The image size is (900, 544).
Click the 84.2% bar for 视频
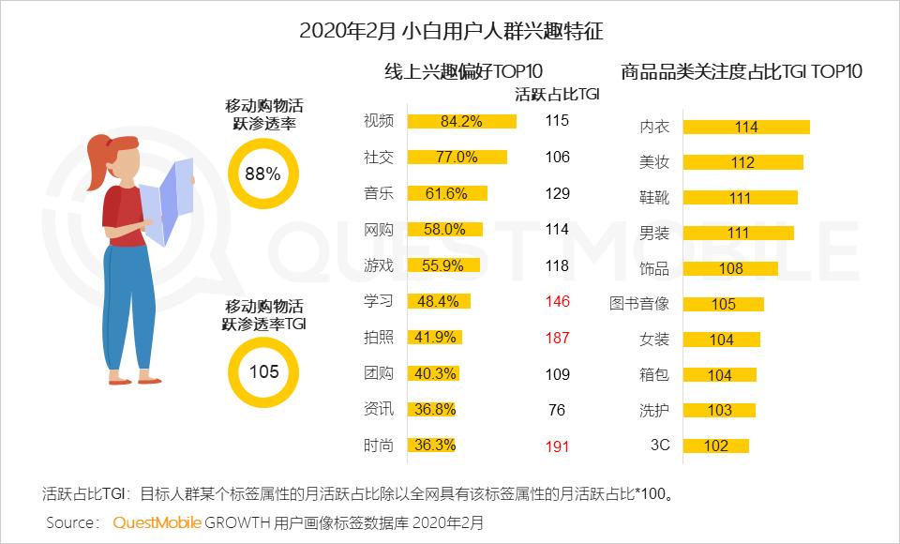(462, 121)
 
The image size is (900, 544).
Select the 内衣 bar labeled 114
(745, 128)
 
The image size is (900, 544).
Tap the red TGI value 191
(557, 446)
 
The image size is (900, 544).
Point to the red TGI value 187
(557, 338)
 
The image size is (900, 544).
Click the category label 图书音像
(638, 304)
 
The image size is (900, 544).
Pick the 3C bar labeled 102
(715, 446)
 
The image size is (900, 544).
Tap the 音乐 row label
(379, 193)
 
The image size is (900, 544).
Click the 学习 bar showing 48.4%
(439, 302)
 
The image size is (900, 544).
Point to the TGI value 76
(557, 410)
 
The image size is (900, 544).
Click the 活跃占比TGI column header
(557, 94)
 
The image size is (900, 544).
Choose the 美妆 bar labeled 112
(742, 162)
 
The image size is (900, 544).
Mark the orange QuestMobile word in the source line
(157, 521)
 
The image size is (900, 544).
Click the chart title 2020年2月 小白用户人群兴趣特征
(451, 30)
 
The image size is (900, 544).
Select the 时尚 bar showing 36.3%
(432, 446)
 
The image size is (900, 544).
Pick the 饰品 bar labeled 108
(730, 269)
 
